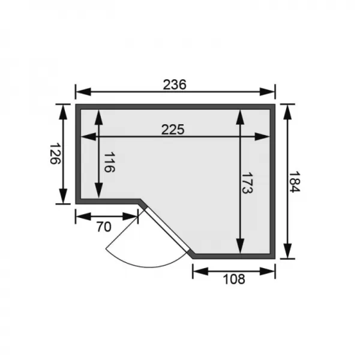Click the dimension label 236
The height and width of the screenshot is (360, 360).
[175, 85]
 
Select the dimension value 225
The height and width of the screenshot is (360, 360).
[173, 129]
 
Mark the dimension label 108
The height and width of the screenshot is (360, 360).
[234, 279]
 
